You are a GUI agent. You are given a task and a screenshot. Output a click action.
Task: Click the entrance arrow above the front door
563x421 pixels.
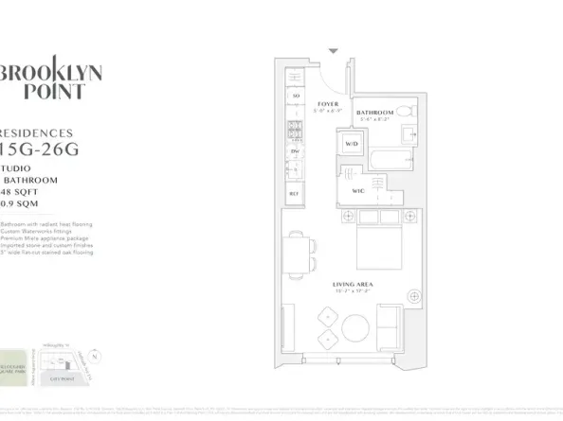point(332,51)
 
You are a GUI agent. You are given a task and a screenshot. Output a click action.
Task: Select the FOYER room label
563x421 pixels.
point(328,104)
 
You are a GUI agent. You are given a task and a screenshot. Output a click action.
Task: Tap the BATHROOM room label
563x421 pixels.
point(375,113)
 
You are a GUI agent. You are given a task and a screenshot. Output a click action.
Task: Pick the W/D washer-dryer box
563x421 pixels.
point(351,144)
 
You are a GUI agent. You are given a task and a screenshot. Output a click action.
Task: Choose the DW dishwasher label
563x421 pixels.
point(296,150)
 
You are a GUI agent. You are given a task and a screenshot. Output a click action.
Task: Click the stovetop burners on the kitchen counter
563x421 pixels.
point(296,123)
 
